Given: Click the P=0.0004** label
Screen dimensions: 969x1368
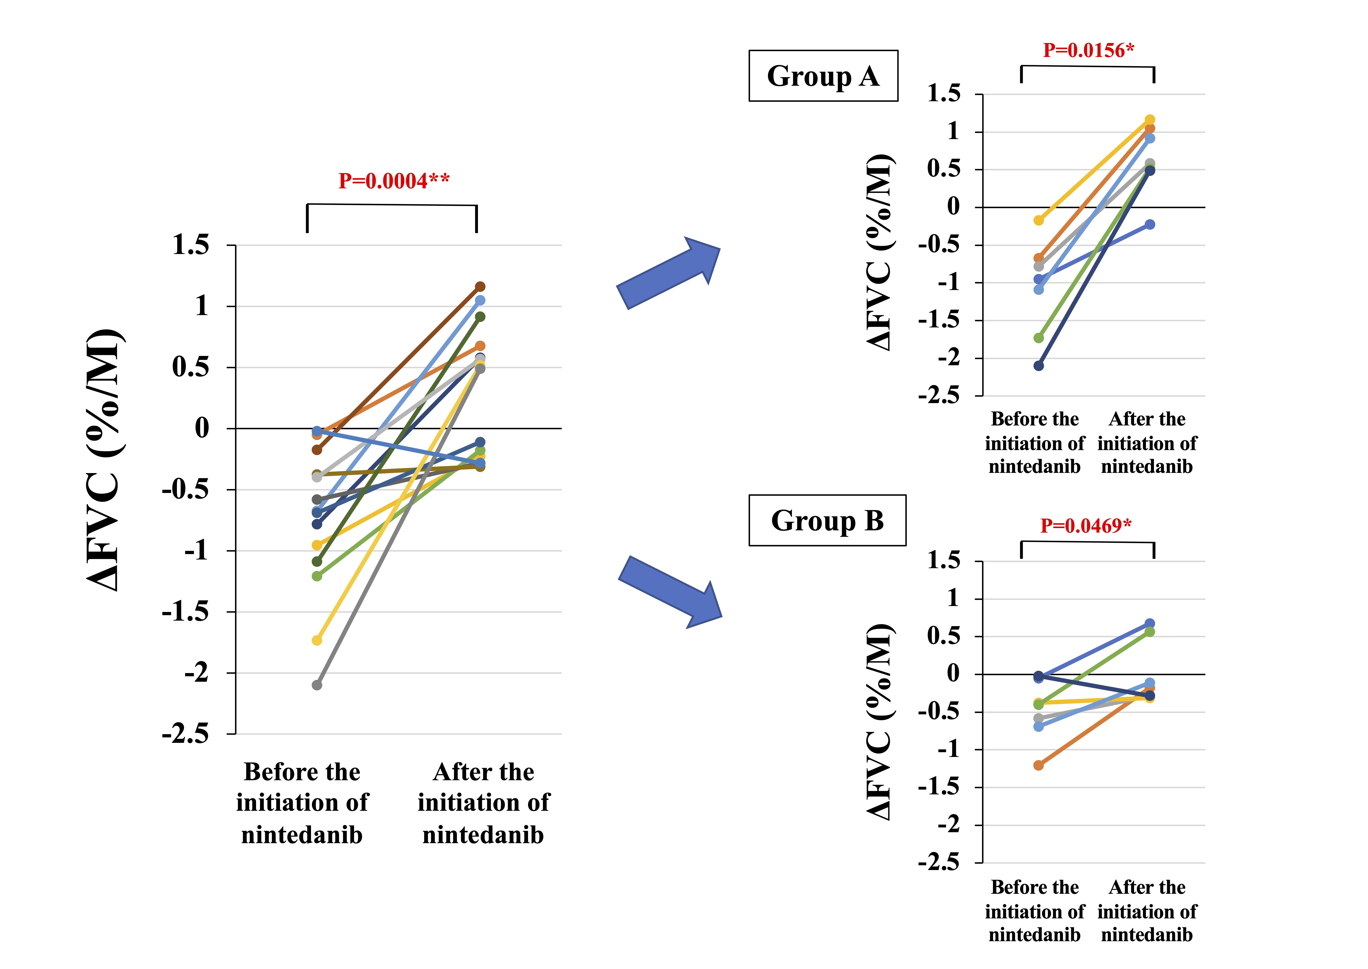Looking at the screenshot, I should [x=394, y=181].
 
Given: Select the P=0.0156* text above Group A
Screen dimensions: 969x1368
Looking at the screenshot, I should [x=1088, y=50].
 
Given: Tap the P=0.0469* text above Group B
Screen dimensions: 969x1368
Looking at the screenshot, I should [x=1086, y=526].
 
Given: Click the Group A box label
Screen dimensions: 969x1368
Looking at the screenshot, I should [x=823, y=76].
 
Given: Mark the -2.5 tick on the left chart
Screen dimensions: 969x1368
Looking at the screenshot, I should [x=186, y=734].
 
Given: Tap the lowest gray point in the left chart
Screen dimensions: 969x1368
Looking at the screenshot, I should [x=317, y=685].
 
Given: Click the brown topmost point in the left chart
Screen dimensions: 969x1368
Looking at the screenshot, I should [x=480, y=286].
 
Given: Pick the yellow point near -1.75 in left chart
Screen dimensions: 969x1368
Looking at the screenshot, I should [x=317, y=640].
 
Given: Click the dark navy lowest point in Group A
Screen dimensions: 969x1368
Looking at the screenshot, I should [x=1039, y=366].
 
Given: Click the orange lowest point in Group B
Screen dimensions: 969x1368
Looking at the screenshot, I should [x=1039, y=765].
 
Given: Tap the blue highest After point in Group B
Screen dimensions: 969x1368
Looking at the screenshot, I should [x=1150, y=624].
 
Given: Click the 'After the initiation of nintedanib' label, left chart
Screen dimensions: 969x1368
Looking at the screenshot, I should [x=483, y=803].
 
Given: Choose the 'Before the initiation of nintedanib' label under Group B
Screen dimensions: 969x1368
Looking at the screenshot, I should [x=1034, y=911].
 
